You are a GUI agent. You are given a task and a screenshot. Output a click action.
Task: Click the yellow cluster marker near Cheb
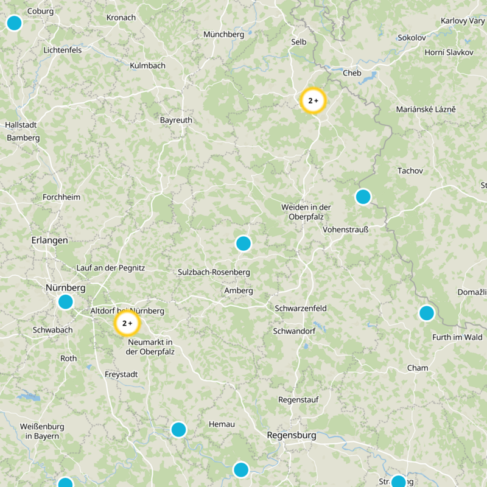pos(314,101)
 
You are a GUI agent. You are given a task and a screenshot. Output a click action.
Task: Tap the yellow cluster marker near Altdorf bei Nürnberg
pos(127,323)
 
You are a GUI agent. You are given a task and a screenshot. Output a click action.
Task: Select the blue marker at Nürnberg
pos(65,301)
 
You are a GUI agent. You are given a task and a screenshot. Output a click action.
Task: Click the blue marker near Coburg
pos(14,23)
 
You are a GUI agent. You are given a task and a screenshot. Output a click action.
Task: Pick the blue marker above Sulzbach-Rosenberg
pos(243,243)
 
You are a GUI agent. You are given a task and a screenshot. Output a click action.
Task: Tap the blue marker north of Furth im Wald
pos(427,313)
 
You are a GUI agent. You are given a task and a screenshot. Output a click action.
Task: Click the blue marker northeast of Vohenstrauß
pos(363,197)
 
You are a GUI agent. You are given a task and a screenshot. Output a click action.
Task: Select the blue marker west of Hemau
pos(178,430)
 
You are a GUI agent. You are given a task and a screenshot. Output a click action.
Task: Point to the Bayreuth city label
pos(176,121)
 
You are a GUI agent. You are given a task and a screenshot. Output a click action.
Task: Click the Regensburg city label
pos(292,436)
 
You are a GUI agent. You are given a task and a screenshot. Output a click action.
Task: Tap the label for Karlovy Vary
pos(463,21)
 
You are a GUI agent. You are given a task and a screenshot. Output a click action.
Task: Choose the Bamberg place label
pos(23,138)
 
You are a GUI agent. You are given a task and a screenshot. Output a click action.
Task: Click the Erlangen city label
pos(49,240)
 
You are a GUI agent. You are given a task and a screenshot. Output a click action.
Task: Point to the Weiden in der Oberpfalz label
pos(306,212)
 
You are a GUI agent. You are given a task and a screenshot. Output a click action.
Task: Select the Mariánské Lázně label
pos(426,110)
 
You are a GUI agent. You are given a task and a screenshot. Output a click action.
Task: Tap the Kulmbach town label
pos(147,65)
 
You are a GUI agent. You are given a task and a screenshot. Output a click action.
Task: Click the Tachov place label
pos(410,171)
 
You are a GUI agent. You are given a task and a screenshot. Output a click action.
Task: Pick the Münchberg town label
pos(224,35)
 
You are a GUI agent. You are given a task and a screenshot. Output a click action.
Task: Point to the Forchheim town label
pos(61,197)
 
